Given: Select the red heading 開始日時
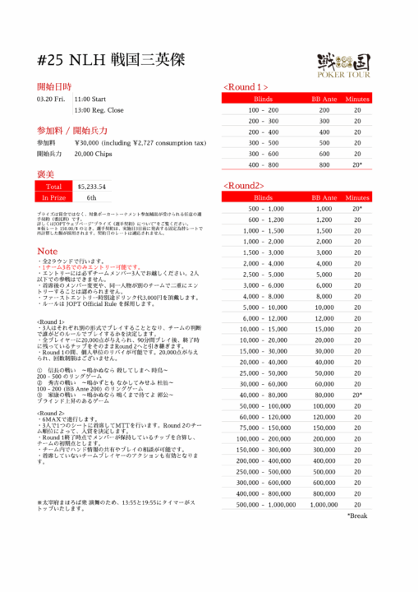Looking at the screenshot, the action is pos(54,86).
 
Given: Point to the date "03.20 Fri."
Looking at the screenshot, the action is pos(51,99).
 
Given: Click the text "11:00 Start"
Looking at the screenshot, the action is pos(91,99).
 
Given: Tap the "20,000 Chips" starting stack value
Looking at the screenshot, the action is pos(95,154).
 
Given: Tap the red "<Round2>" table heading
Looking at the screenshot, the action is pos(243,186).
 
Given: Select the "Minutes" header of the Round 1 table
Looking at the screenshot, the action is pos(357,99).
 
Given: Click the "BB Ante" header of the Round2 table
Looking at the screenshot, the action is pos(324,197).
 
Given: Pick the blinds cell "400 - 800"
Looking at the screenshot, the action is pos(264,164).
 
